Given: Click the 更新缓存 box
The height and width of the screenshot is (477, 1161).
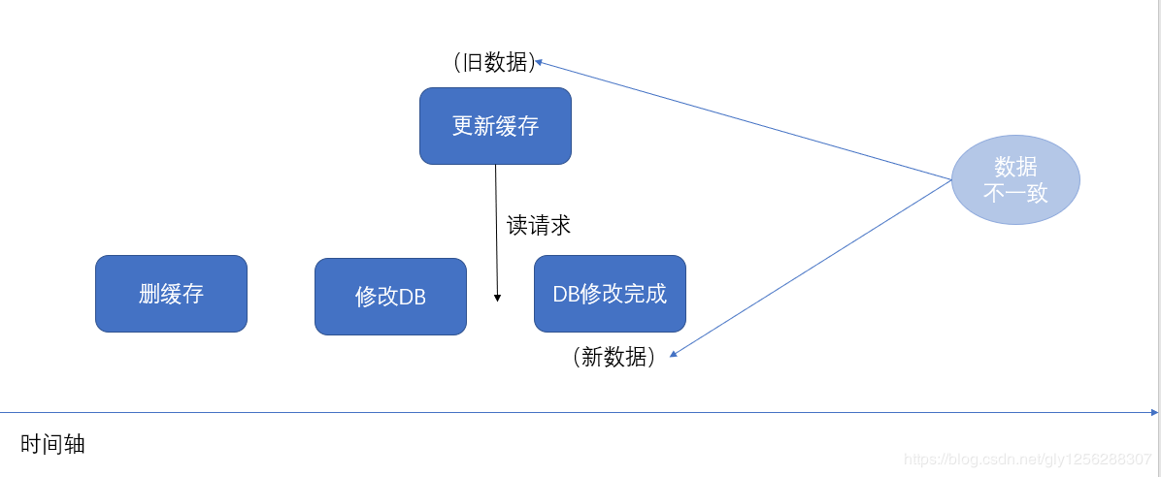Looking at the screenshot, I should pos(495,126).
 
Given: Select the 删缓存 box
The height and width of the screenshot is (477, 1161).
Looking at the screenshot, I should pos(171,294).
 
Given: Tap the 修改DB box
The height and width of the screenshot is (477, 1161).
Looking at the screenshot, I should pos(390,297).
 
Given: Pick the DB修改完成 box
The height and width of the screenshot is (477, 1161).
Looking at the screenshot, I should pos(610,294).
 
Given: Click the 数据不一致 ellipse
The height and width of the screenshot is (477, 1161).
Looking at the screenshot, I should pos(1015,180).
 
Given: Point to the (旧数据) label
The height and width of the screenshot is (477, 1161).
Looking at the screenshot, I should pos(494,63).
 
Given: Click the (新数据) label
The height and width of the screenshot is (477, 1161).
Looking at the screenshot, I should pos(614,357).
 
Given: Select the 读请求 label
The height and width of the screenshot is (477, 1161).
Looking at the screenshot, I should pos(539,226).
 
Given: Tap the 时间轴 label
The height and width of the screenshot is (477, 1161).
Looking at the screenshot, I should pos(53,444).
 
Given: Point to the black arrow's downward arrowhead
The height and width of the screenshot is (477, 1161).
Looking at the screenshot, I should pos(498,297).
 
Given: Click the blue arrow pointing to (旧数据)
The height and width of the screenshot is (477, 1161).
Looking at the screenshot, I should pos(743,121).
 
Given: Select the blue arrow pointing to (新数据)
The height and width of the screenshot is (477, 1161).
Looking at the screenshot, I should pos(811,268).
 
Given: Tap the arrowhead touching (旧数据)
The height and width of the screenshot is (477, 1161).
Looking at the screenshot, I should pos(539,62).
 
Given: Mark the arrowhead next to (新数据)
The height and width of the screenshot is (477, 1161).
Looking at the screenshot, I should pos(674,355).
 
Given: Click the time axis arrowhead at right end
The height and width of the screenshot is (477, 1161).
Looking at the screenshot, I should pos(1153,413).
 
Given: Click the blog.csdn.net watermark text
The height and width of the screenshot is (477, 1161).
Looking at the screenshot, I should pos(1027,459).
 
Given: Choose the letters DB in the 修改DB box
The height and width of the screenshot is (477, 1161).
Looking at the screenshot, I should pos(413,297).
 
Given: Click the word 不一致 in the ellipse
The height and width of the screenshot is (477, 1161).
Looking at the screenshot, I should pos(1015,193).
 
